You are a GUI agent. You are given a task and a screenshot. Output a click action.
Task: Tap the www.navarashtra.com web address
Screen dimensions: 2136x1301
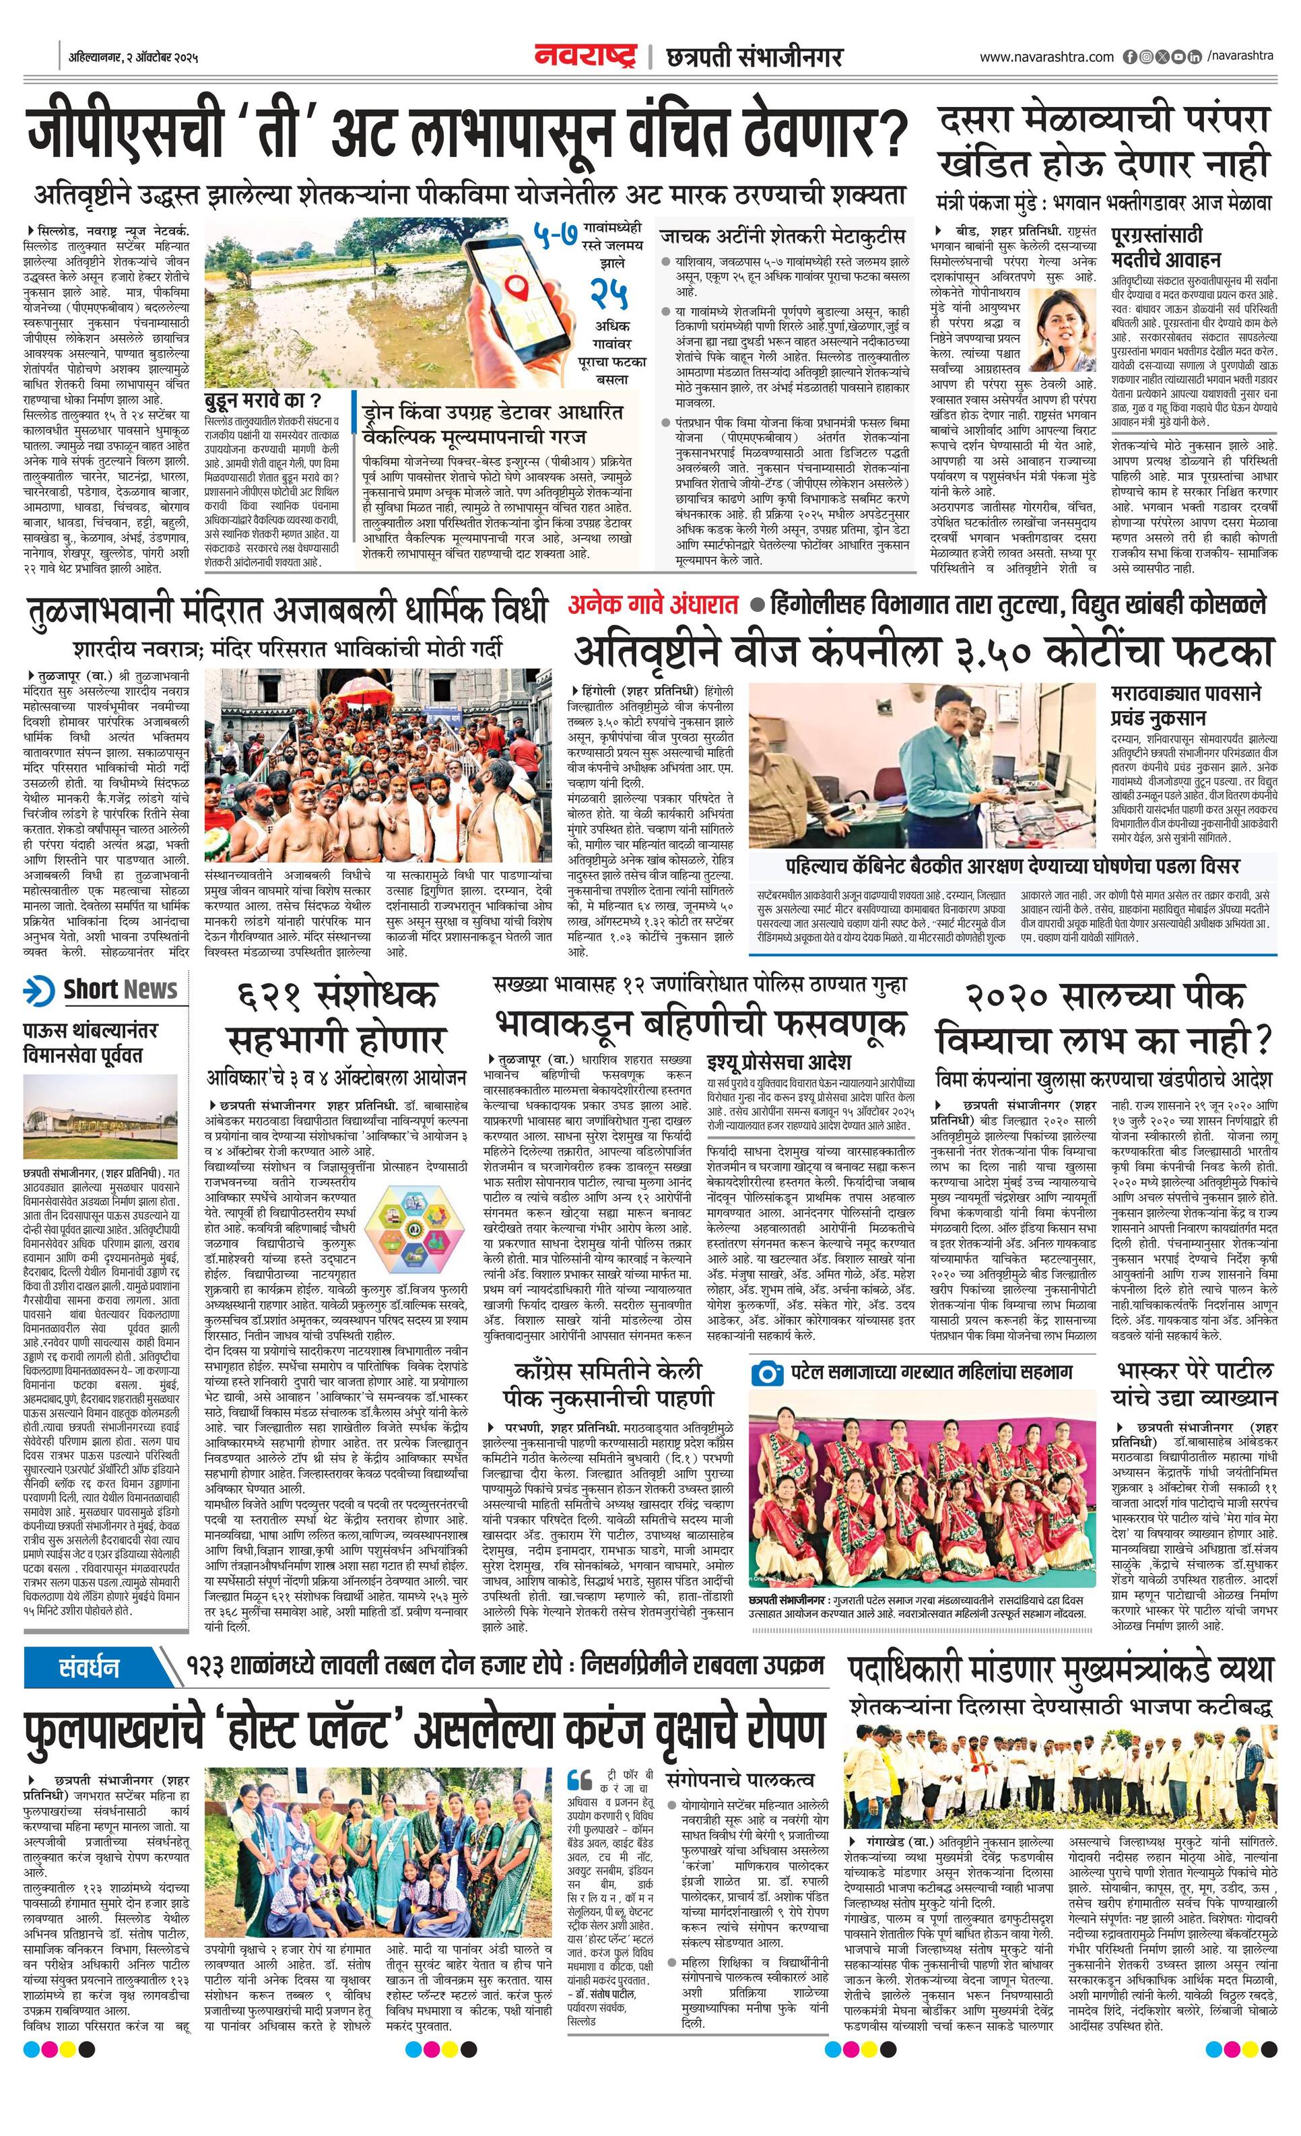tap(1046, 57)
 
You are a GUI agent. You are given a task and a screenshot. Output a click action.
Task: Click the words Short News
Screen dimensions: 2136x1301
tap(120, 989)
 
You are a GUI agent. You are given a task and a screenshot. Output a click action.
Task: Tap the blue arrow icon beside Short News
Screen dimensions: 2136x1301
tap(40, 989)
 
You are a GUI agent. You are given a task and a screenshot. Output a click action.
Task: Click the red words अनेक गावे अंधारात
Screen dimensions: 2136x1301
tap(653, 605)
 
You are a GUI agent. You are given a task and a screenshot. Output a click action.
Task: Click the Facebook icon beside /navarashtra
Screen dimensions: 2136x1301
tap(1129, 57)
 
